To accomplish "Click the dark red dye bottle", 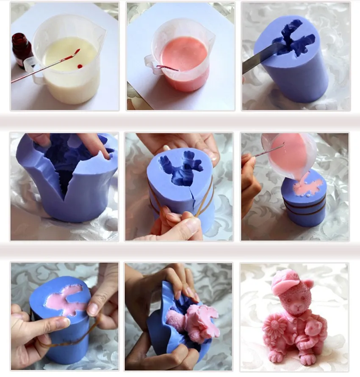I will [21, 50].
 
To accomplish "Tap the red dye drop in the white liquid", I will [80, 67].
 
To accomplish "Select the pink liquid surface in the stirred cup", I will [185, 53].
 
